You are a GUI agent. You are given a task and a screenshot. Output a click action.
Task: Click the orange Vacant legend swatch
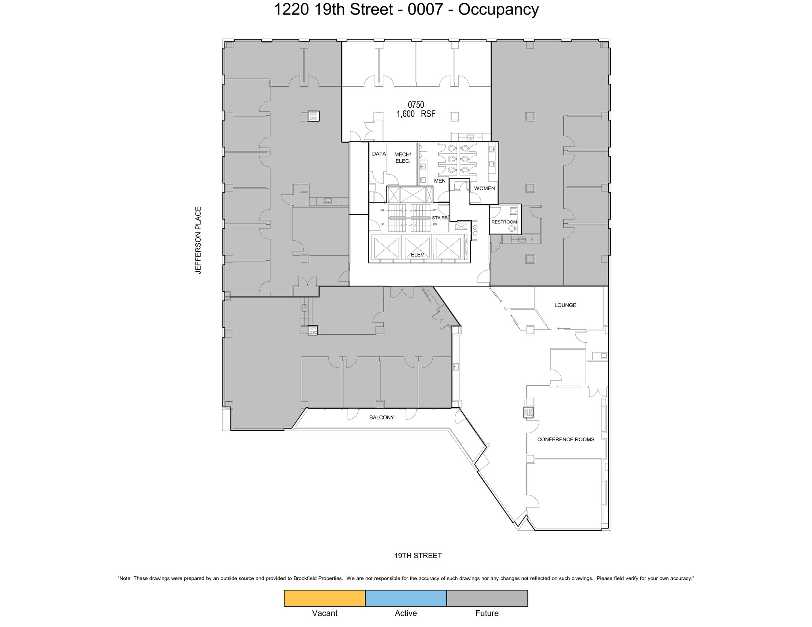click(324, 598)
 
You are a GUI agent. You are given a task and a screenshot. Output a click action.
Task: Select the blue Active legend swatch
click(406, 598)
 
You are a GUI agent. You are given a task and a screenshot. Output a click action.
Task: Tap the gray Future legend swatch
click(487, 598)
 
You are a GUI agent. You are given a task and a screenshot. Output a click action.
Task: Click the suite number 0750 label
click(416, 105)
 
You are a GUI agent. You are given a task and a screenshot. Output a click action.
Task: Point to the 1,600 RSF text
click(416, 114)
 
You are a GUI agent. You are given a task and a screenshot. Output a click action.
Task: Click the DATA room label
click(379, 154)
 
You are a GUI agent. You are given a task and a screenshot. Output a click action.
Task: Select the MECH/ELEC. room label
click(402, 158)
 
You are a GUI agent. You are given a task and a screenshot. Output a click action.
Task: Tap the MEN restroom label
click(440, 181)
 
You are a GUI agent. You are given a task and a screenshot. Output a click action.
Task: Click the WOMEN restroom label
click(484, 189)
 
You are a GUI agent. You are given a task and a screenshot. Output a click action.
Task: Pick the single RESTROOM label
click(504, 222)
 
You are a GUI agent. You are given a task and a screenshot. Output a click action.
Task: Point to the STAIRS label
click(440, 218)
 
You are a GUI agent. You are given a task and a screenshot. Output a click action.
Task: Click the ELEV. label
click(418, 255)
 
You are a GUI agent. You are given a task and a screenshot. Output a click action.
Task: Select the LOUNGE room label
click(565, 305)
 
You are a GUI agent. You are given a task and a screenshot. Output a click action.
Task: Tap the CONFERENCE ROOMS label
click(565, 439)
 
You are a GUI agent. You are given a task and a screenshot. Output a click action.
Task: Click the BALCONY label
click(381, 417)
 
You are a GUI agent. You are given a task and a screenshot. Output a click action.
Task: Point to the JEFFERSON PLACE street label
click(198, 240)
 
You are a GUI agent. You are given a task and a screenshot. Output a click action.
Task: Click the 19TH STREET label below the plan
click(418, 556)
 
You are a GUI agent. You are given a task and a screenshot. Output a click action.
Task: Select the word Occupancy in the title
click(498, 10)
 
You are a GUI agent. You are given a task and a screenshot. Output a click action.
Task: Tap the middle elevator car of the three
click(416, 247)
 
